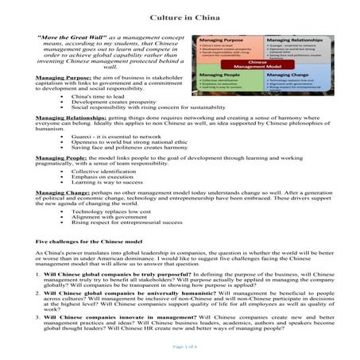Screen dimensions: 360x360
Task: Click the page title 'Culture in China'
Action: coord(179,16)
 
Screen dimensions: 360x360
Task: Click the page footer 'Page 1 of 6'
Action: coord(180,346)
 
